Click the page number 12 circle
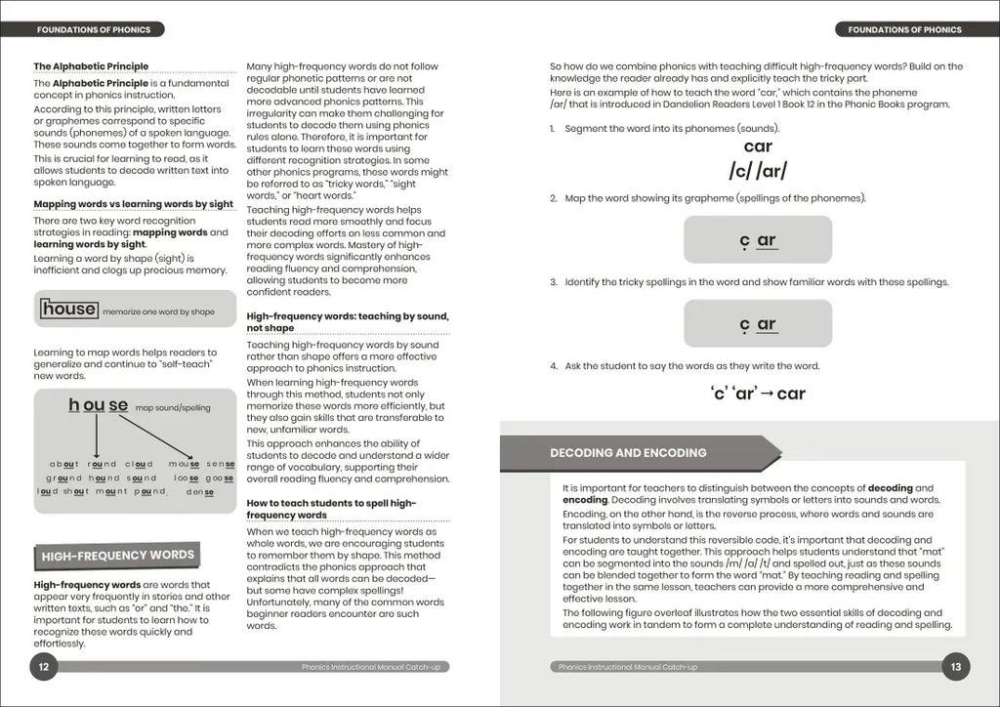tap(44, 667)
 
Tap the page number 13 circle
tap(955, 667)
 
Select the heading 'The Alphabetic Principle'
tap(91, 66)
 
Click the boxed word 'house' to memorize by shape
tap(69, 310)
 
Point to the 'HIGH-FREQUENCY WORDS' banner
tap(117, 556)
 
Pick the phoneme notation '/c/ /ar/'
tap(757, 171)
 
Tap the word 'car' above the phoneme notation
tap(757, 146)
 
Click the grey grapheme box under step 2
tap(757, 240)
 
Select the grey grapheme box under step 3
tap(757, 324)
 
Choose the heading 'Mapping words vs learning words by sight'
tap(134, 204)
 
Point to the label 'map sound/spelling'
tap(173, 408)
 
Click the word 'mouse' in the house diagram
tap(185, 464)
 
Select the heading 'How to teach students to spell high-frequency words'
tap(332, 509)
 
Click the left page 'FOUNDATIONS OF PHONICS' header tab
tap(94, 29)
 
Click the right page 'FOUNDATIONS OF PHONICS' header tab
tap(905, 29)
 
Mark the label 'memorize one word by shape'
tap(162, 312)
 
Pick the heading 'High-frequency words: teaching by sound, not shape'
tap(348, 322)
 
